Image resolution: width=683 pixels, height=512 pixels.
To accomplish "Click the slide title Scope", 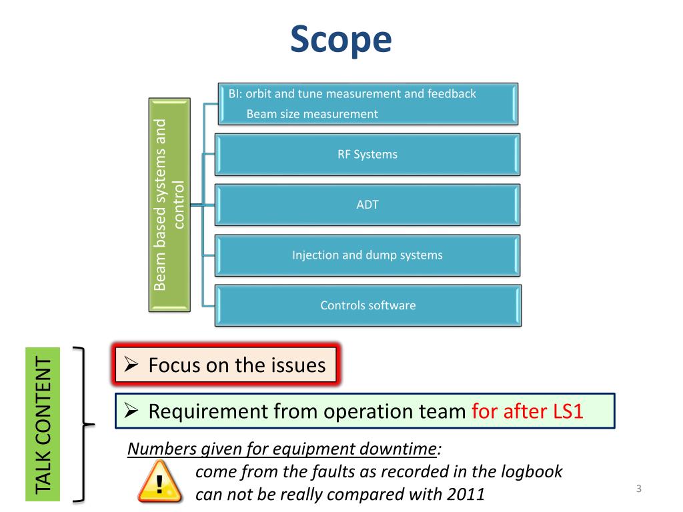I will pyautogui.click(x=341, y=40).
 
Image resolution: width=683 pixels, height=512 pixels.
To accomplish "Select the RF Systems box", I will pyautogui.click(x=367, y=155).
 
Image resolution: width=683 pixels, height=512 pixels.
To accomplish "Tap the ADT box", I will pyautogui.click(x=367, y=205).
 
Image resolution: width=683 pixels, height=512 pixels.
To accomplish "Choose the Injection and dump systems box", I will pyautogui.click(x=367, y=255).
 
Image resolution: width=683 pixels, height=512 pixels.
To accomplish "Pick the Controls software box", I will pyautogui.click(x=368, y=305).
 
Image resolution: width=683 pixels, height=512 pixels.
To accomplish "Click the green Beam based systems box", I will pyautogui.click(x=169, y=205).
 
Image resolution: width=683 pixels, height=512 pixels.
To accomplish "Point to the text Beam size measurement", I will pyautogui.click(x=312, y=114).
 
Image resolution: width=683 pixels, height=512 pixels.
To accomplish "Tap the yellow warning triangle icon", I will pyautogui.click(x=159, y=483).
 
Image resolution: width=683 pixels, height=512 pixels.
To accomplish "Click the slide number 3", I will pyautogui.click(x=638, y=490).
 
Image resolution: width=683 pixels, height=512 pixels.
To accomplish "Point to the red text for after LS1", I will pyautogui.click(x=527, y=411).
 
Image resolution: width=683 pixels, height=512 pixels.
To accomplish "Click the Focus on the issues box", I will pyautogui.click(x=225, y=365).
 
